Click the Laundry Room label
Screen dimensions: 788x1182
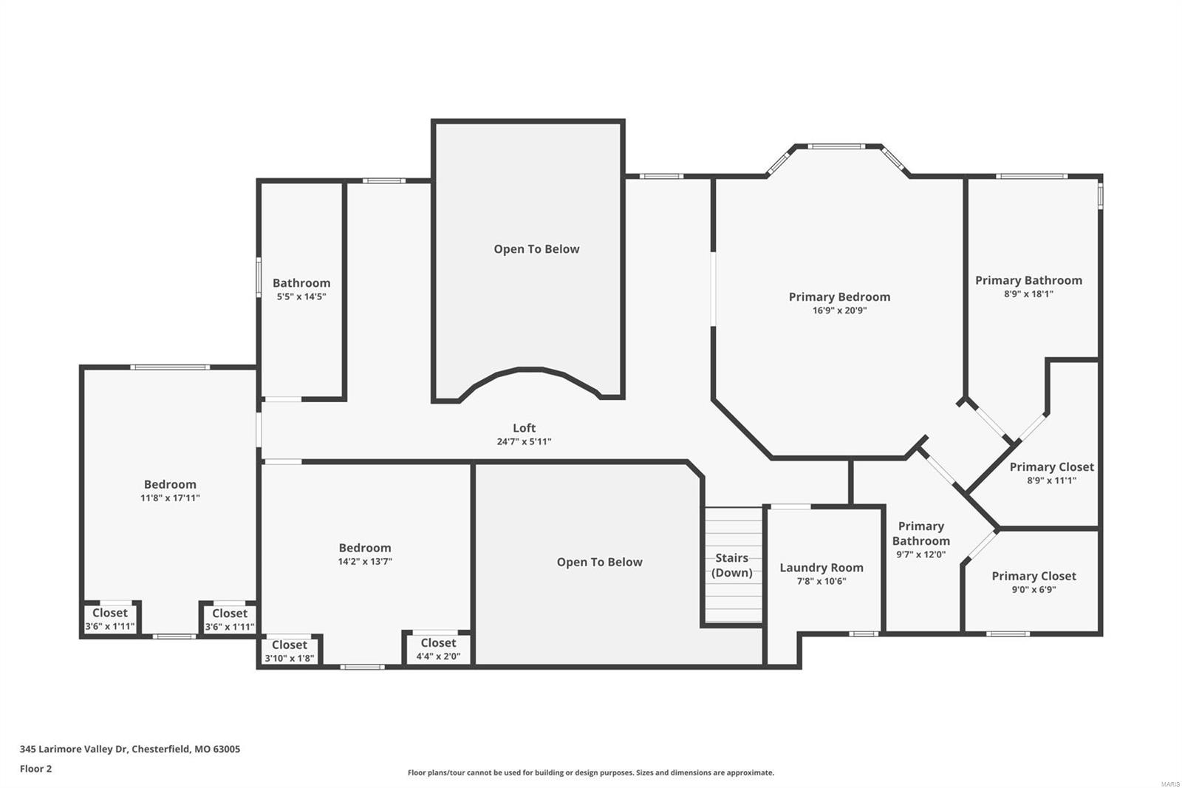click(x=821, y=568)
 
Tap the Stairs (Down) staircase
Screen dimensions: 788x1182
click(x=732, y=565)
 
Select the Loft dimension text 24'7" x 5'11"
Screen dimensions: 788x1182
click(x=524, y=442)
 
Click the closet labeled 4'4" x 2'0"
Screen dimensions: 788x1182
click(x=438, y=649)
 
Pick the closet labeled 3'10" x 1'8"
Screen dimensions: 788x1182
click(x=289, y=651)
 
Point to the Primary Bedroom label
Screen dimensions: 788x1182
click(x=839, y=297)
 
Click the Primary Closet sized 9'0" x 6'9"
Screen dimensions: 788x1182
click(x=1034, y=582)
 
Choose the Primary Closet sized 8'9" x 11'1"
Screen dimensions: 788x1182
click(x=1051, y=473)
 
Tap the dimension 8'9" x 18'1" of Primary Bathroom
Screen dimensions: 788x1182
click(x=1028, y=294)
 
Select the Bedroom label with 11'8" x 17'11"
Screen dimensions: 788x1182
click(x=170, y=490)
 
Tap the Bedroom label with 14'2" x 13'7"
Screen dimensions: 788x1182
click(x=365, y=554)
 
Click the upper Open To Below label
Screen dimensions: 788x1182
click(x=536, y=249)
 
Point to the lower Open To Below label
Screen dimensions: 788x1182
click(x=599, y=563)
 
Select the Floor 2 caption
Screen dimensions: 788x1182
click(x=35, y=769)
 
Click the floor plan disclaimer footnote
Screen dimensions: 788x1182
click(x=591, y=773)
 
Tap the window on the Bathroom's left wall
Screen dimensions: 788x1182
click(x=259, y=277)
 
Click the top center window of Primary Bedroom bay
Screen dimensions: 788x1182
click(x=835, y=146)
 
